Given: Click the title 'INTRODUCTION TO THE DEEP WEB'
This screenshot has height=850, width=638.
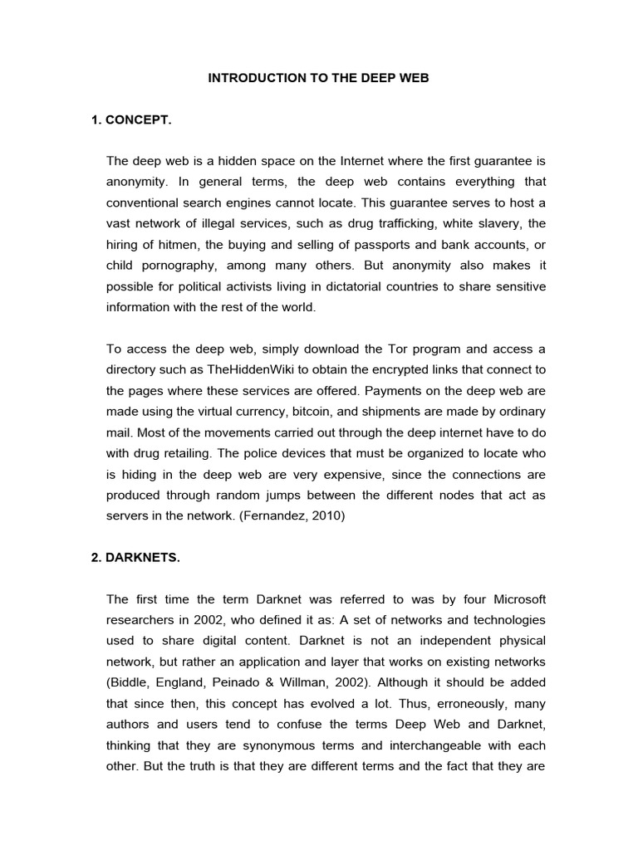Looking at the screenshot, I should pyautogui.click(x=318, y=79).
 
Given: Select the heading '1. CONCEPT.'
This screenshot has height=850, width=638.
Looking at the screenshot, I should pyautogui.click(x=131, y=120).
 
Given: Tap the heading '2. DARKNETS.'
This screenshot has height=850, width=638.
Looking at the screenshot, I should pyautogui.click(x=135, y=557).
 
